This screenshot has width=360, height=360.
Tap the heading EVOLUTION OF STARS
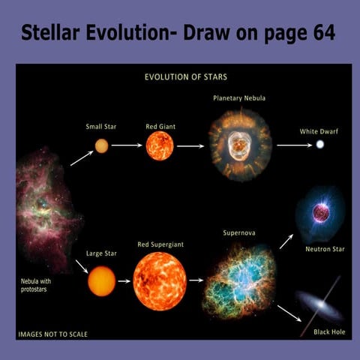tap(186, 76)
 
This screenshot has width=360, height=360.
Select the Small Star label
tap(100, 127)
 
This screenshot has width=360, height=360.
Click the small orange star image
tap(101, 146)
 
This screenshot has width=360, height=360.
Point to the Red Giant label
tap(160, 127)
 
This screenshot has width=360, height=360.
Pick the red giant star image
tap(160, 146)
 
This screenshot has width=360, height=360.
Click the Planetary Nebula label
tap(239, 98)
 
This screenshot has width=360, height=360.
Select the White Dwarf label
tap(319, 132)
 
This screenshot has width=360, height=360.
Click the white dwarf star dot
tap(319, 145)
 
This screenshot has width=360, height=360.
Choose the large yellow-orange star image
tap(101, 281)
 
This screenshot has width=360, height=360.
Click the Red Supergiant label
tap(160, 244)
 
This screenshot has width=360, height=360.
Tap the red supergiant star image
tap(160, 281)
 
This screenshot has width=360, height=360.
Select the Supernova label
tap(239, 233)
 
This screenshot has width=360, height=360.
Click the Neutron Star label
tap(324, 248)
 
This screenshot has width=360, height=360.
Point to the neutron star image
tap(321, 214)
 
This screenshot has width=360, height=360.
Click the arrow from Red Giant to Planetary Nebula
tap(190, 146)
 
